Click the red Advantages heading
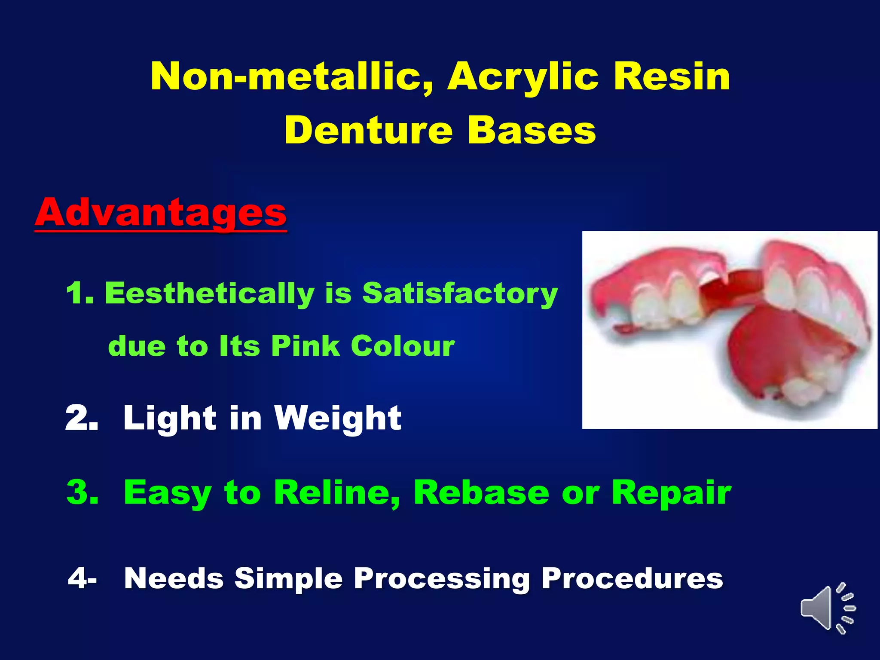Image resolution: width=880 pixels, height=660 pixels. click(x=160, y=213)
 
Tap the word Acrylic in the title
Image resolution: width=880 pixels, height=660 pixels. click(x=522, y=77)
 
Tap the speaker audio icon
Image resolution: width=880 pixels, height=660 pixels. click(x=827, y=608)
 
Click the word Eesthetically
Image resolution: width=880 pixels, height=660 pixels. click(x=210, y=294)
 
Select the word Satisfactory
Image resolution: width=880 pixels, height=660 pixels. click(x=460, y=294)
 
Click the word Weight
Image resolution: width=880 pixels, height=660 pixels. click(x=338, y=419)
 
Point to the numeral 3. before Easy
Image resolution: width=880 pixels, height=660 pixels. click(x=82, y=492)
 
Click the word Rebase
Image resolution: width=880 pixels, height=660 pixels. click(x=481, y=492)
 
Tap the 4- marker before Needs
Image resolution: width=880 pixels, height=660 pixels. click(x=82, y=578)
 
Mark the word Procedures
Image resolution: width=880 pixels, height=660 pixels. click(x=632, y=578)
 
